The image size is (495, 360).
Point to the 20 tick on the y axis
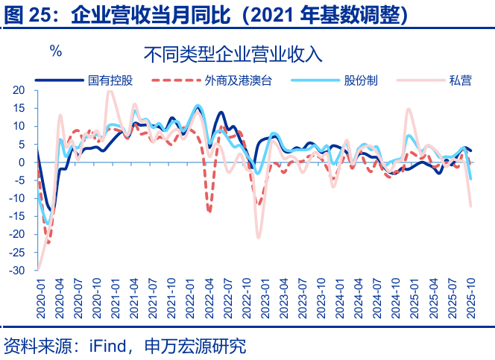click(x=19, y=90)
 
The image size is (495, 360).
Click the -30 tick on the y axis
click(x=17, y=271)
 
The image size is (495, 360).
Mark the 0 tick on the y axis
click(x=23, y=162)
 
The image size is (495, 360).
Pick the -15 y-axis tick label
click(x=17, y=216)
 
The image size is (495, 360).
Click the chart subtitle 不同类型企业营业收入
click(x=233, y=54)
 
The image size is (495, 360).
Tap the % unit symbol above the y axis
click(x=55, y=51)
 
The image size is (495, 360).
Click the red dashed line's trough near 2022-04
click(x=209, y=211)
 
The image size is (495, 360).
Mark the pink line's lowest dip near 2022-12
click(x=259, y=238)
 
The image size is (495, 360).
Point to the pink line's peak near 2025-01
click(x=409, y=109)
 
